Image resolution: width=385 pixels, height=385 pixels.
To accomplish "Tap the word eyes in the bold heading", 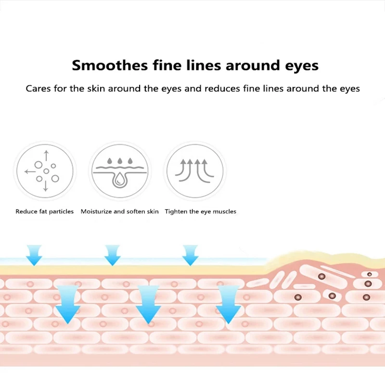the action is pos(301,66).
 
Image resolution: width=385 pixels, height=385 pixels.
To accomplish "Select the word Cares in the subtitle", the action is pos(38,89).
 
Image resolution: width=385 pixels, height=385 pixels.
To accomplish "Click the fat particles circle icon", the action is pos(45,171).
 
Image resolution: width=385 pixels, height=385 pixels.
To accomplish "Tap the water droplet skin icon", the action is pos(119,171).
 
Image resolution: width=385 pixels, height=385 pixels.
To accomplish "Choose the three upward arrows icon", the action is pos(195,171).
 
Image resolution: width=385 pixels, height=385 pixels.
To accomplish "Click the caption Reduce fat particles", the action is pos(45,211).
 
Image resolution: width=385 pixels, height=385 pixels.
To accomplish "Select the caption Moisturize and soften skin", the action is pos(119,211).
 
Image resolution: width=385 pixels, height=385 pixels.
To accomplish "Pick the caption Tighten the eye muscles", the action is pos(201,211).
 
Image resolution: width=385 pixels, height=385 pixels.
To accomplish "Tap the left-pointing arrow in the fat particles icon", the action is pos(29,171).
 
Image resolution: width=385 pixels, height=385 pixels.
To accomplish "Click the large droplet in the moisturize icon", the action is pos(118,179).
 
